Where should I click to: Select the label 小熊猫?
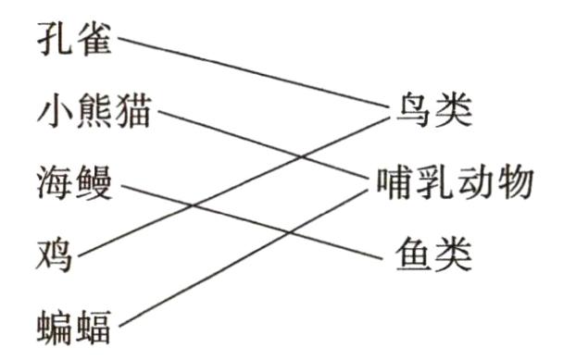94,115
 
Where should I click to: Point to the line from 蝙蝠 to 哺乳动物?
185,288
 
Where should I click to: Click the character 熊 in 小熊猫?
95,115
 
